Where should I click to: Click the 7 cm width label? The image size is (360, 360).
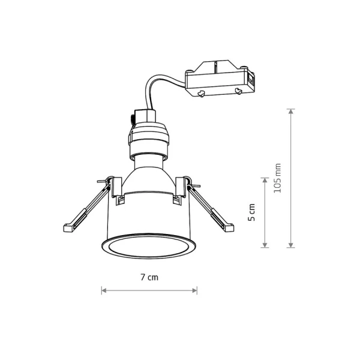pyautogui.click(x=149, y=277)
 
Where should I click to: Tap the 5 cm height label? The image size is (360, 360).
pyautogui.click(x=251, y=212)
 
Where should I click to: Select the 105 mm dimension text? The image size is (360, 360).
pyautogui.click(x=277, y=178)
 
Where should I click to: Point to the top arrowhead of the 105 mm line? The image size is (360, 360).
pyautogui.click(x=291, y=112)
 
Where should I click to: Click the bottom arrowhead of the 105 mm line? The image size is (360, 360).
pyautogui.click(x=291, y=245)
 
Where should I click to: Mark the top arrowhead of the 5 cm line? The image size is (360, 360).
pyautogui.click(x=265, y=180)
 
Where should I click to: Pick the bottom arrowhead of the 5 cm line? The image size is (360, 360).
pyautogui.click(x=265, y=245)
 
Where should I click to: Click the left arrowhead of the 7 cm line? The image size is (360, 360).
pyautogui.click(x=104, y=290)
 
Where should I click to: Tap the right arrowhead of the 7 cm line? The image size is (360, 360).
pyautogui.click(x=194, y=290)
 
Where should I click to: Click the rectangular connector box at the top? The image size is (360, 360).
pyautogui.click(x=220, y=78)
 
